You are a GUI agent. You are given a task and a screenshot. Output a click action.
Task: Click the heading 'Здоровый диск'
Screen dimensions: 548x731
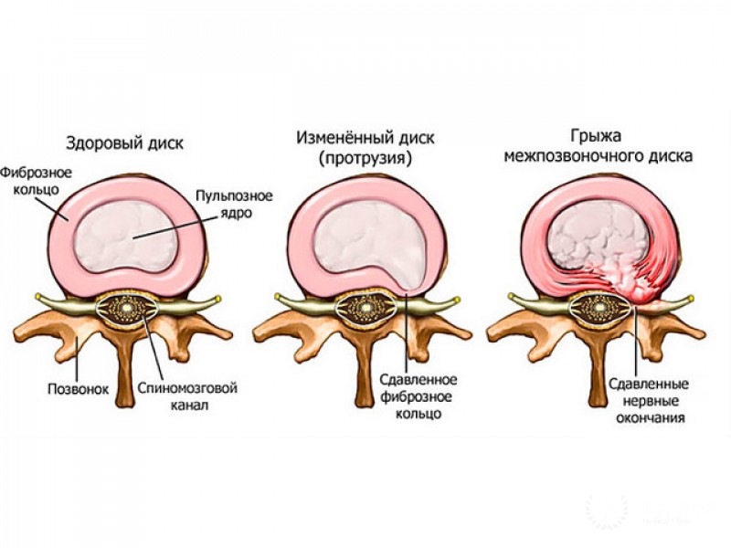[124, 142]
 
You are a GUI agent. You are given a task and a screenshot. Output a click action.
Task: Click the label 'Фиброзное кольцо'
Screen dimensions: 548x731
[31, 181]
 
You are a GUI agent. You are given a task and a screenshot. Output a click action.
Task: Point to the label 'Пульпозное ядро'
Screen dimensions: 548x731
[223, 204]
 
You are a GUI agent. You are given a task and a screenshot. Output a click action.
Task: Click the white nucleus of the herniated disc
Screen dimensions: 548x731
[599, 233]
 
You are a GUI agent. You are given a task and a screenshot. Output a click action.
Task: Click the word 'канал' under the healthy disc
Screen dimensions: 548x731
[188, 405]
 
